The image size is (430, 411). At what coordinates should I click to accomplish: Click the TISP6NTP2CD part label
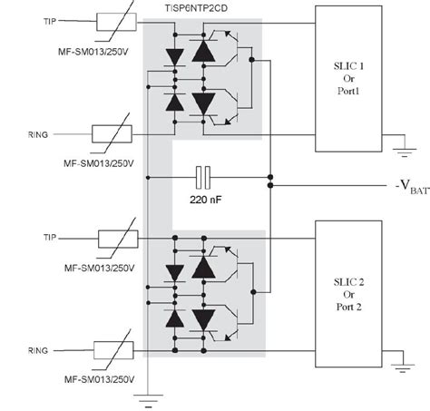(x=196, y=8)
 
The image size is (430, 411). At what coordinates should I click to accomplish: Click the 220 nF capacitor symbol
(x=203, y=178)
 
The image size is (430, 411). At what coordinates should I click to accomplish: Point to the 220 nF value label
(x=205, y=200)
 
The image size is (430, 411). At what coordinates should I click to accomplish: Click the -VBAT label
(x=412, y=186)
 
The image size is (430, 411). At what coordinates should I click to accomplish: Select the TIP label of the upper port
(x=50, y=22)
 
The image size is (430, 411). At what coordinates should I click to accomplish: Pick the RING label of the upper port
(x=38, y=134)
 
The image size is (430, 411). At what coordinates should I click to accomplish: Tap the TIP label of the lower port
(x=50, y=238)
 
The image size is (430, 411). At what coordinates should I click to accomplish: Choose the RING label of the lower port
(x=38, y=350)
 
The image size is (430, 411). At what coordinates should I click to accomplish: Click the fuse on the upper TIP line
(x=116, y=22)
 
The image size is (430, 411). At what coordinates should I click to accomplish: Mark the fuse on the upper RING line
(x=112, y=133)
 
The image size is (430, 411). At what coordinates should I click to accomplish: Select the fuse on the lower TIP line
(x=118, y=239)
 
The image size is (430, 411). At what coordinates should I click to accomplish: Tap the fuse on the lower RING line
(x=113, y=350)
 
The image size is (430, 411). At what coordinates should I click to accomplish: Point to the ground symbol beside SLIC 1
(x=405, y=152)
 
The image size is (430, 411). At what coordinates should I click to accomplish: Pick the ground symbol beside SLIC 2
(x=403, y=368)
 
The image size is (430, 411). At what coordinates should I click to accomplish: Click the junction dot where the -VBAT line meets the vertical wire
(x=270, y=185)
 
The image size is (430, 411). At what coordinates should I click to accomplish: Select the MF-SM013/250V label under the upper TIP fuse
(x=93, y=52)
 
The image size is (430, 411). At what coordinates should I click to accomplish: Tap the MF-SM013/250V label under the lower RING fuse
(x=100, y=379)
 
